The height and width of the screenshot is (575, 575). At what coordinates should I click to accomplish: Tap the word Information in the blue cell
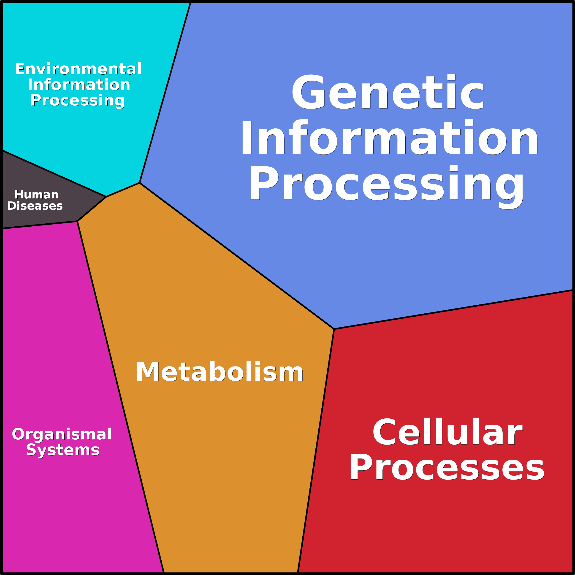tap(389, 138)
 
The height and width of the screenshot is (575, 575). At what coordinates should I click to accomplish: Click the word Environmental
tap(78, 69)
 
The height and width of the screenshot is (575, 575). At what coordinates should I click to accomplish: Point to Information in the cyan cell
tap(79, 85)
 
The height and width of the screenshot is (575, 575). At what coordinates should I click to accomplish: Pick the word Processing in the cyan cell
tap(78, 100)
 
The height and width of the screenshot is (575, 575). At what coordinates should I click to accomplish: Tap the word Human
tap(37, 195)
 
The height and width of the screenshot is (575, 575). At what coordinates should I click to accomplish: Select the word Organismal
tap(62, 434)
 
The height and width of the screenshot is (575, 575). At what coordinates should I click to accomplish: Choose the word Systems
tap(62, 450)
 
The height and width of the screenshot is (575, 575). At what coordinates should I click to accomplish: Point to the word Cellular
tap(447, 432)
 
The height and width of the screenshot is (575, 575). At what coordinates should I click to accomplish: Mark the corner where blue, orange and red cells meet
tap(334, 329)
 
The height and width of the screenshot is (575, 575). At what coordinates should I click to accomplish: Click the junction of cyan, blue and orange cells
tap(139, 183)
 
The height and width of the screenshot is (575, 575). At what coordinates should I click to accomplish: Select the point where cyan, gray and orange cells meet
tap(106, 196)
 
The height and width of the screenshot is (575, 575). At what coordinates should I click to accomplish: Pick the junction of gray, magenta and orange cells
tap(77, 221)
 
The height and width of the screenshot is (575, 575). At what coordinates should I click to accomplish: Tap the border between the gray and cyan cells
tap(54, 174)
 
